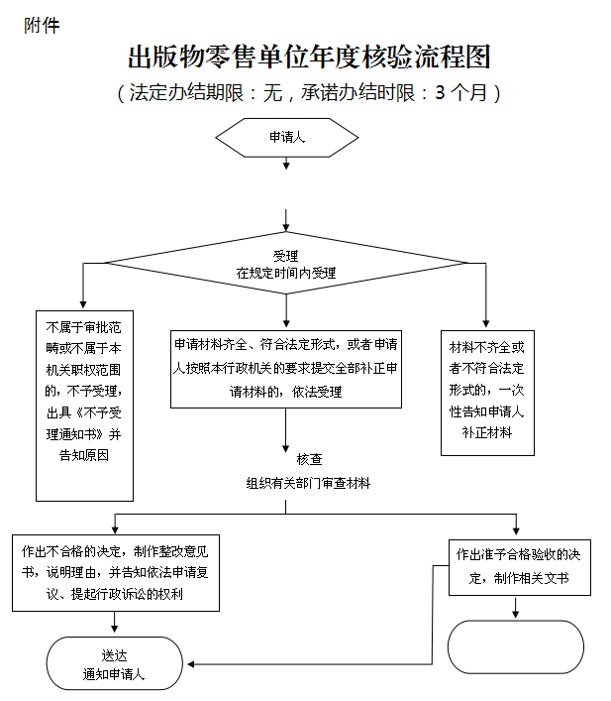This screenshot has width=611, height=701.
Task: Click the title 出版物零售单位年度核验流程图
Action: [x=309, y=57]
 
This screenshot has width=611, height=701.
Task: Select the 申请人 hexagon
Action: [x=287, y=138]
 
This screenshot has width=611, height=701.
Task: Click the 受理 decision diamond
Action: [x=286, y=263]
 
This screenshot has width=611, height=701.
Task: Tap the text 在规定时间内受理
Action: [x=286, y=272]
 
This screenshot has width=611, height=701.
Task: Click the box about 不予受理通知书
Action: [x=84, y=406]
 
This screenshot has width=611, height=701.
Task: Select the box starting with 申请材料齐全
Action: [x=286, y=368]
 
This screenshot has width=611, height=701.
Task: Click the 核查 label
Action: [x=309, y=460]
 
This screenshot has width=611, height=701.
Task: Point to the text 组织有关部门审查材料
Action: [x=309, y=483]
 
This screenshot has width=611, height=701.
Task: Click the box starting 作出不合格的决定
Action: [x=116, y=573]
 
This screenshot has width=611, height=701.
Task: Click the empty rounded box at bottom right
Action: [x=516, y=646]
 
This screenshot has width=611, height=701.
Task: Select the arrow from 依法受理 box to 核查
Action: [x=287, y=428]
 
